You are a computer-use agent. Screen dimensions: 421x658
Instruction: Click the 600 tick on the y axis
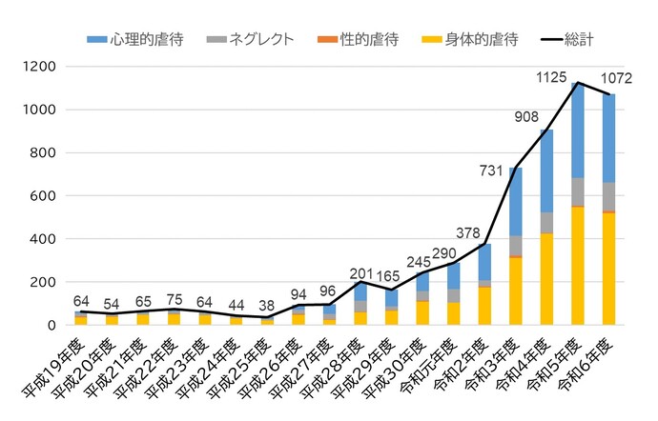(x=44, y=196)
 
